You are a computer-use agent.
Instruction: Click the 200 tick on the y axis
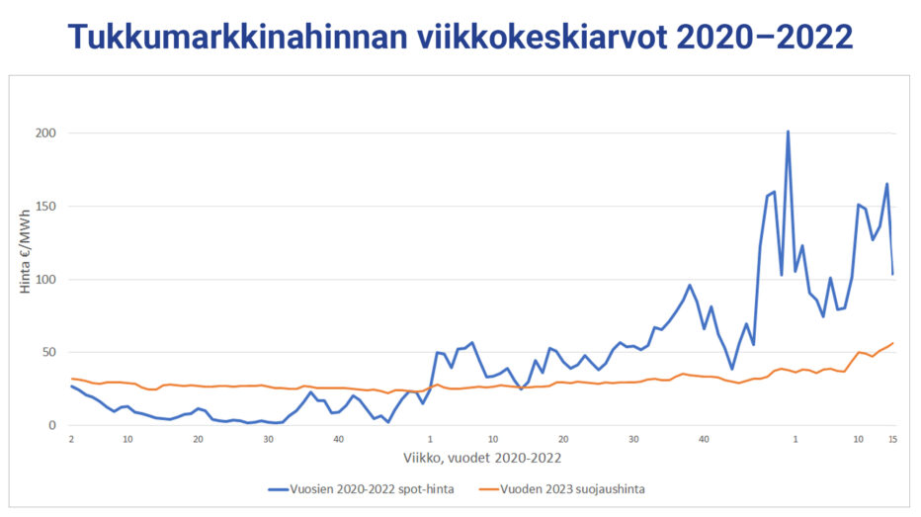coord(46,133)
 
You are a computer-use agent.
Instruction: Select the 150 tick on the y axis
coord(46,207)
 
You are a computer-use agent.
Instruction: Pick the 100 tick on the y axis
coord(46,280)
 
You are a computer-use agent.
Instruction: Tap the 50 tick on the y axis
coord(49,353)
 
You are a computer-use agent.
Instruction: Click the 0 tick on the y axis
coord(53,426)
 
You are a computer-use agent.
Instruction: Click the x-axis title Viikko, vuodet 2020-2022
coord(481,457)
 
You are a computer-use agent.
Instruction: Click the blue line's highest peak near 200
coord(788,131)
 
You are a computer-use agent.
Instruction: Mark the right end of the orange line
coord(893,343)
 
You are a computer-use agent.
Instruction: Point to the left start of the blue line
coord(71,386)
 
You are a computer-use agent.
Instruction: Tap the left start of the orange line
coord(71,379)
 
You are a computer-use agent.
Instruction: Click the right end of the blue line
coord(893,274)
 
